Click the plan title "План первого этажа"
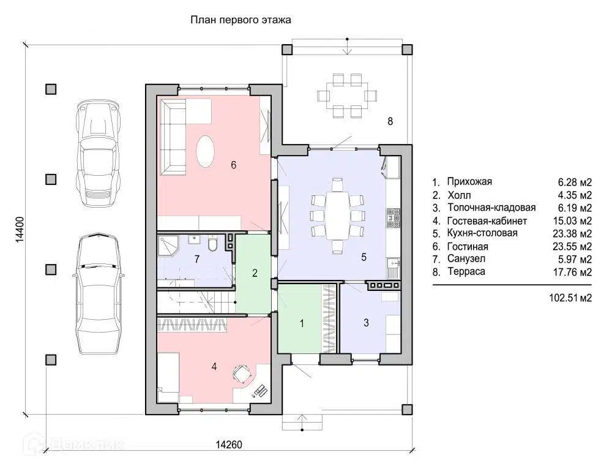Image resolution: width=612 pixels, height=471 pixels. coord(241,20)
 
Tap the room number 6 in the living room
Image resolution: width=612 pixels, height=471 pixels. coord(233,165)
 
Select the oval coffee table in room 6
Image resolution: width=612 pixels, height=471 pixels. coord(205,151)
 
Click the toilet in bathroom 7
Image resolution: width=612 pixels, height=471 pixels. coord(213,244)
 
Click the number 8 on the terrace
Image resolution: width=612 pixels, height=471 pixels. coord(390,121)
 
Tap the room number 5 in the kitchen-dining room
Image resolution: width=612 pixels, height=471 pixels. coord(364,257)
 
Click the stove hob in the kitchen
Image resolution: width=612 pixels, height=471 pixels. coord(394,218)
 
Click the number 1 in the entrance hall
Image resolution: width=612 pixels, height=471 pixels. coord(302,323)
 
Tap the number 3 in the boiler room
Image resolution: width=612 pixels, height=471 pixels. coord(366,323)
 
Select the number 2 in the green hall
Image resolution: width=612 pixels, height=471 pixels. coord(255,273)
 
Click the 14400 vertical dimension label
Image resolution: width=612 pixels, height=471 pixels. coord(20,230)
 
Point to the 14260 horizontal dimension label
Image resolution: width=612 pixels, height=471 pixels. coord(229,445)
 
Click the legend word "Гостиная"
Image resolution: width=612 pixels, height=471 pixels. coord(468,246)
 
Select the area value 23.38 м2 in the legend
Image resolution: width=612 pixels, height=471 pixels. coord(572,233)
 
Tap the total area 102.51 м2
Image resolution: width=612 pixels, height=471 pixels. coord(570,298)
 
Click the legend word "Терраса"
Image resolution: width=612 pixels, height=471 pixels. coord(466,271)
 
